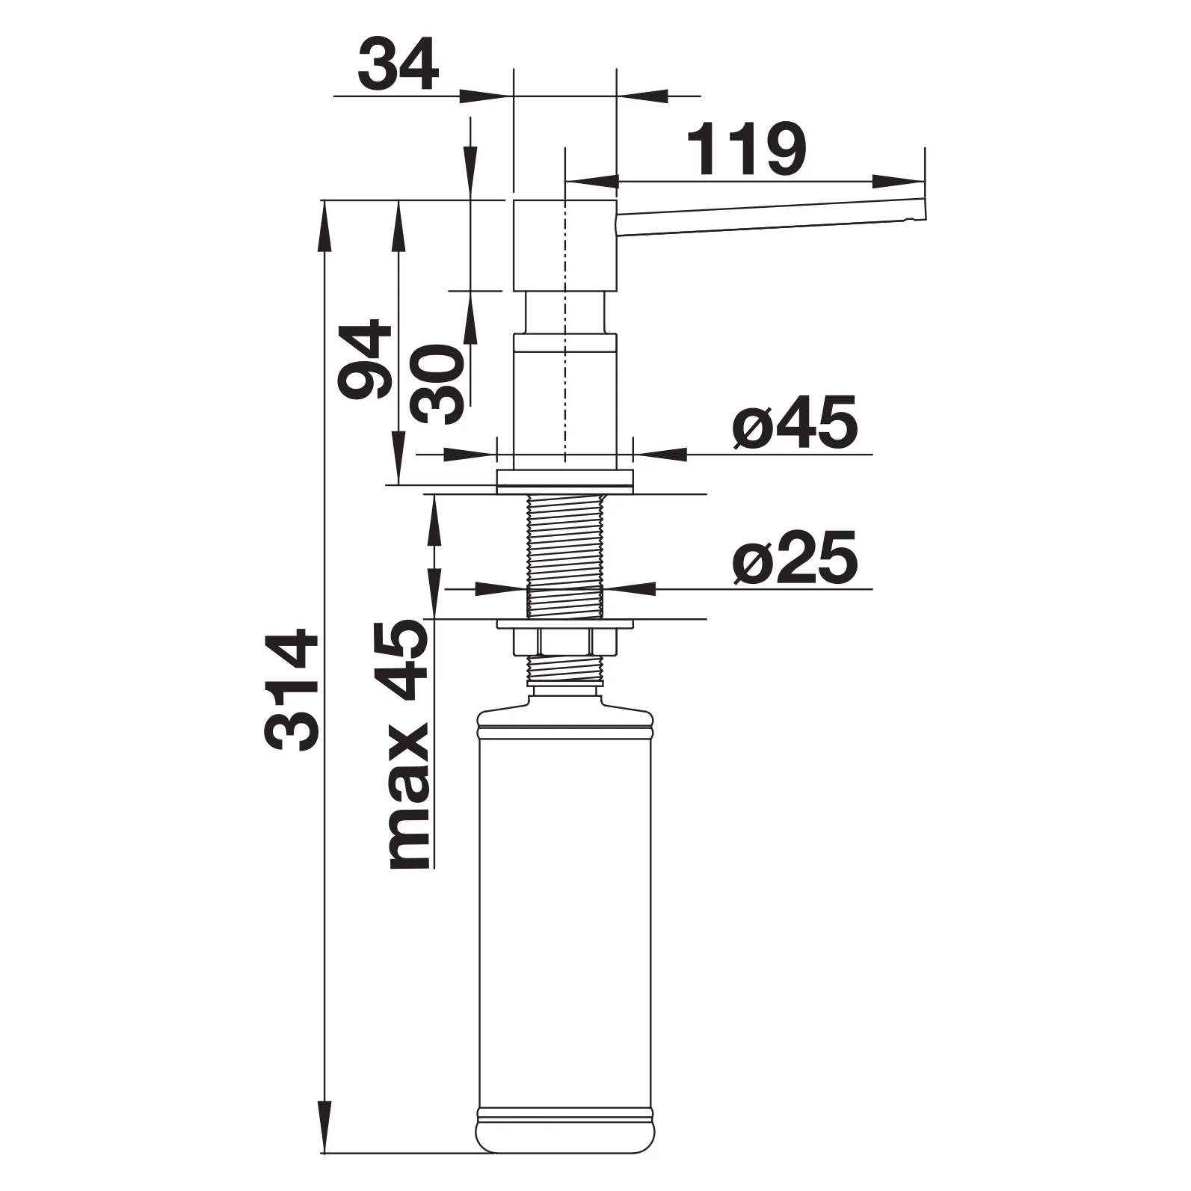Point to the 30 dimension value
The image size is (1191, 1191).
[439, 384]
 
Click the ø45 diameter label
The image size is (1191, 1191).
[794, 424]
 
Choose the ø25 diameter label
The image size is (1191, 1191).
[794, 559]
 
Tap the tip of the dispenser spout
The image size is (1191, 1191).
[924, 209]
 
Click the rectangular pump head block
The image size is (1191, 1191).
[564, 245]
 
